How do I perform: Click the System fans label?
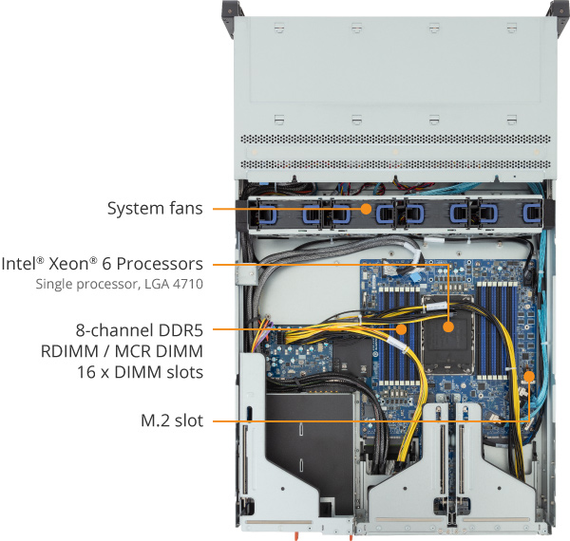154,208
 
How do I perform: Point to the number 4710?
188,283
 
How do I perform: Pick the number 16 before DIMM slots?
85,372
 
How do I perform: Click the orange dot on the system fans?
367,208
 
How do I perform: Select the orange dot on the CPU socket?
448,327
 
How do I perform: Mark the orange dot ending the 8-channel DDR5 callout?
402,330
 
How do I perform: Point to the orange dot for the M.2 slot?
529,376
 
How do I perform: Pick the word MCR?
134,351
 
